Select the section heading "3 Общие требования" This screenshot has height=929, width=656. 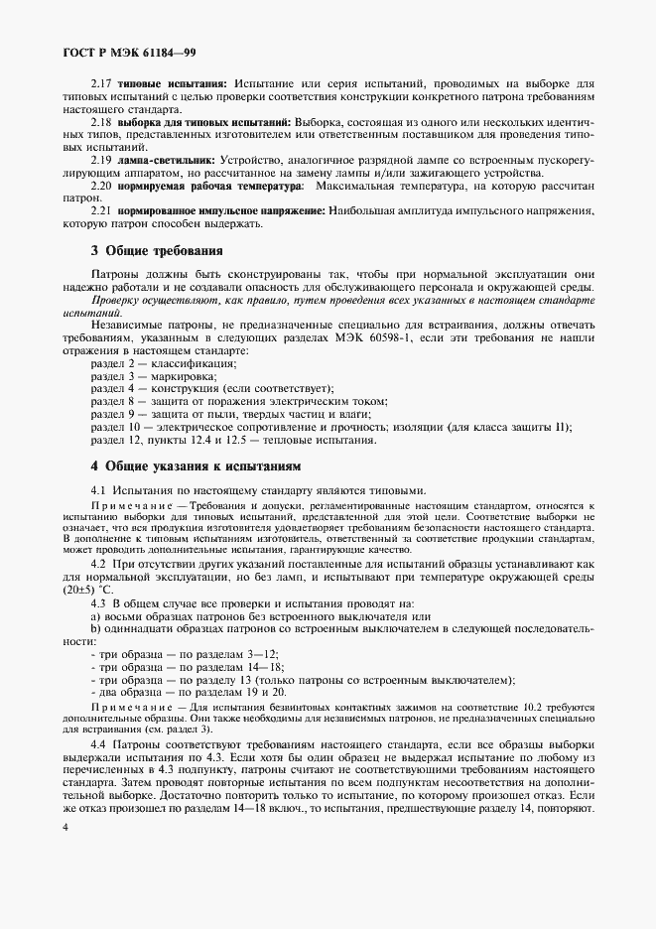157,250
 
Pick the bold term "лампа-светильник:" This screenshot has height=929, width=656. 168,159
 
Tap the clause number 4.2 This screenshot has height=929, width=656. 102,563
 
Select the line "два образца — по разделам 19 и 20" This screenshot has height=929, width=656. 189,692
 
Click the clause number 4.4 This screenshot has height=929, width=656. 102,743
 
